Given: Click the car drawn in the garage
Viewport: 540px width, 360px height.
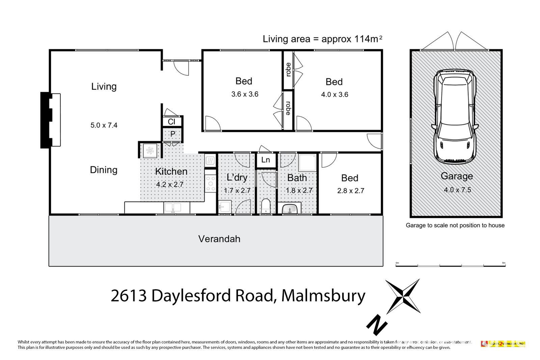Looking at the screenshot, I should (x=456, y=116).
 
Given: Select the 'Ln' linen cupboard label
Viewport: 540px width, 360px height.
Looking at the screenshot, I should (x=266, y=160).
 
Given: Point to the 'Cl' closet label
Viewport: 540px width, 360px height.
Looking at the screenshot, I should (x=172, y=121).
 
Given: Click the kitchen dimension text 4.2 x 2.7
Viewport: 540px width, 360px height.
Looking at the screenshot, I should (x=170, y=185).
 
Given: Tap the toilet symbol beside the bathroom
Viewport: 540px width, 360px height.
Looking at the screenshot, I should (x=266, y=206).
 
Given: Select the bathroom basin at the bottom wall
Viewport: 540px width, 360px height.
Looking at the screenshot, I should (x=290, y=209).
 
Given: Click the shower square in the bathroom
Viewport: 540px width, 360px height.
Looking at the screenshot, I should (x=307, y=163).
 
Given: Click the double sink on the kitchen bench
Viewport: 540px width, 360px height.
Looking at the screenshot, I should (x=172, y=208).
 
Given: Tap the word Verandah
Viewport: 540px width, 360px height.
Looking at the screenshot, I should (x=219, y=239).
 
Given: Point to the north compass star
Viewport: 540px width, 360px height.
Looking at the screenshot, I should (x=403, y=296).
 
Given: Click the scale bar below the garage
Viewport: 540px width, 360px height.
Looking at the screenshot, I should (x=450, y=266).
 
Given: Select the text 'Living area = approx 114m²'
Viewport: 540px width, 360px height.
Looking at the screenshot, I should (x=322, y=39).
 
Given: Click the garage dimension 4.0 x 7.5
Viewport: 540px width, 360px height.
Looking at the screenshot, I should (x=457, y=190).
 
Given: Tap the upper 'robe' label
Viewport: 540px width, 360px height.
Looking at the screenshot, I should (x=288, y=70).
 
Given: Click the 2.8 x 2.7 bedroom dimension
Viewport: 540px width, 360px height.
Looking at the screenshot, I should (x=350, y=191).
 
